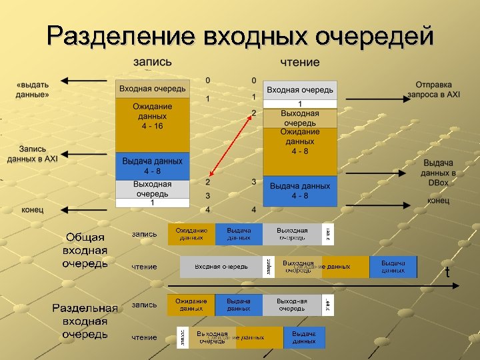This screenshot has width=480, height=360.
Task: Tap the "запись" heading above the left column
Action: (152, 61)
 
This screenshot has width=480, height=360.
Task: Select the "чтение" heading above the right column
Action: (299, 62)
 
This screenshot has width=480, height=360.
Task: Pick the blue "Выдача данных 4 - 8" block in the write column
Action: (152, 165)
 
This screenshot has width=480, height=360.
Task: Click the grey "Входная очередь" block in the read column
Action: (300, 90)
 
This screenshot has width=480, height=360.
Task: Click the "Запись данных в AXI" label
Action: (33, 154)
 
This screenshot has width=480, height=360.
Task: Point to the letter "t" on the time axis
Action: (447, 273)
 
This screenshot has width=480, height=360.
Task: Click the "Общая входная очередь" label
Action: (85, 250)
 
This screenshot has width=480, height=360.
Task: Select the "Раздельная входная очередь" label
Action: (85, 321)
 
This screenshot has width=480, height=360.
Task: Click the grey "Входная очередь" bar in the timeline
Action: (221, 267)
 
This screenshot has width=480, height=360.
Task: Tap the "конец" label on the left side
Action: (32, 209)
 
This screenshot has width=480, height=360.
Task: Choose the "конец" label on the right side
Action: (438, 201)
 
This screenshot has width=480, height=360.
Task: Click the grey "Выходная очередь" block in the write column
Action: (152, 189)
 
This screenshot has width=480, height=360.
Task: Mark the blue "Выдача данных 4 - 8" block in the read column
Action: (300, 191)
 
